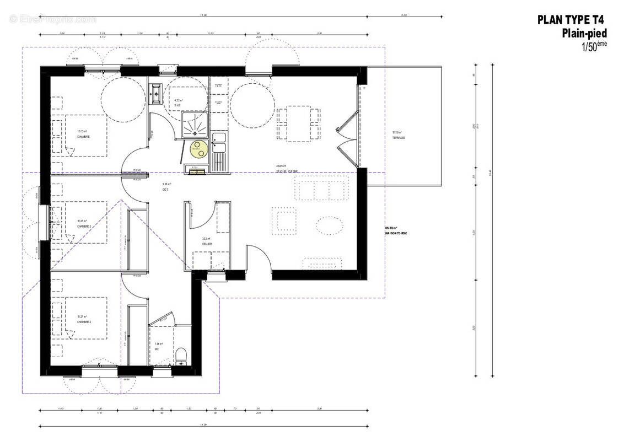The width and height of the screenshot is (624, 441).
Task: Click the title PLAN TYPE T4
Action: [571, 20]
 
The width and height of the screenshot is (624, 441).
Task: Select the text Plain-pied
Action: [584, 34]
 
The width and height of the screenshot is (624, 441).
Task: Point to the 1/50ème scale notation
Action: [594, 46]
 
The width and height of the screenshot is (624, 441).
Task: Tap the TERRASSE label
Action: [399, 138]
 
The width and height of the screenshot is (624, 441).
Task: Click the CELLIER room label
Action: [207, 244]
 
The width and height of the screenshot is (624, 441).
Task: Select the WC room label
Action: [157, 349]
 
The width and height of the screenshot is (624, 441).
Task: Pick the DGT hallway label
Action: [165, 190]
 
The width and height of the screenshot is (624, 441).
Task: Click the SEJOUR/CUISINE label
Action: [287, 171]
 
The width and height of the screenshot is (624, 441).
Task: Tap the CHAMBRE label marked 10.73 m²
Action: [83, 136]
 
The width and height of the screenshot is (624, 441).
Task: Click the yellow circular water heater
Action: [197, 147]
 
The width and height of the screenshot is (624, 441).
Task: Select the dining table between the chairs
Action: [298, 124]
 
